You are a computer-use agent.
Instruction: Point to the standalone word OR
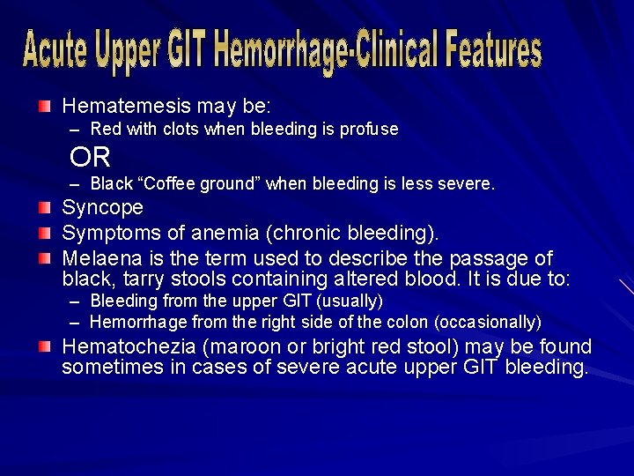point(91,158)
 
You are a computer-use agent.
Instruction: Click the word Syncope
point(102,208)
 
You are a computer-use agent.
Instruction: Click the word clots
point(180,130)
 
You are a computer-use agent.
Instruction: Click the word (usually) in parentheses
point(351,301)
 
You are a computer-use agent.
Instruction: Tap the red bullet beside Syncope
point(45,209)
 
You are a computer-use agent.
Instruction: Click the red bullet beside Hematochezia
point(45,346)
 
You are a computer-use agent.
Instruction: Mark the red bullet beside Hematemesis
point(45,107)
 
